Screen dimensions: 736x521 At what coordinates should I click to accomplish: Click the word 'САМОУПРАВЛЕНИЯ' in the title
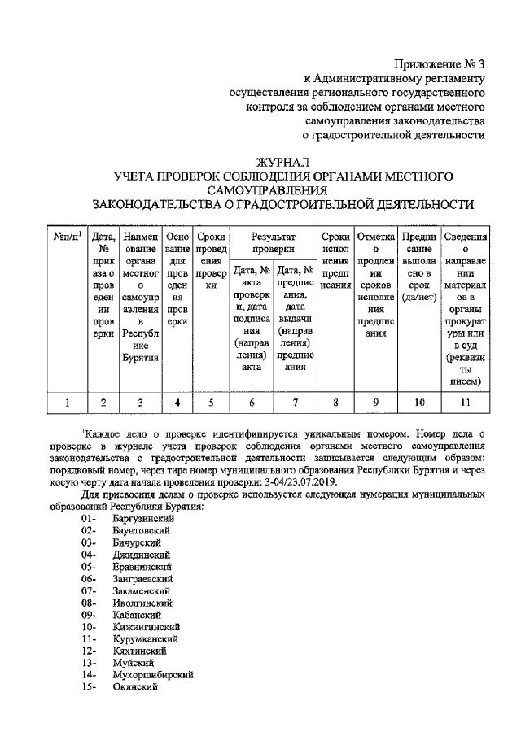click(283, 189)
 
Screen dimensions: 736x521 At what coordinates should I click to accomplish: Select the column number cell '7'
click(296, 401)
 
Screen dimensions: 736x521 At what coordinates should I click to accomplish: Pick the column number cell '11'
click(465, 401)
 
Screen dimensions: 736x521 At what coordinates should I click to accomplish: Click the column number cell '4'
click(177, 401)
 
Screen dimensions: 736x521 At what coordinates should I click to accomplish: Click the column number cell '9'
click(375, 401)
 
